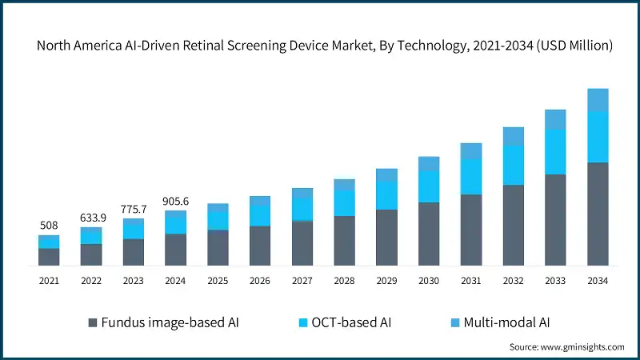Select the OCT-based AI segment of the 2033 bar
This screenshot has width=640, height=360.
(556, 152)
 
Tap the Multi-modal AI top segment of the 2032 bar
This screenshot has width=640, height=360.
(514, 136)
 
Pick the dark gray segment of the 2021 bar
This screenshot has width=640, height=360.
(49, 256)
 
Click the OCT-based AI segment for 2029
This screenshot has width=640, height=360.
(387, 195)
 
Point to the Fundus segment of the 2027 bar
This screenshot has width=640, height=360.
(302, 243)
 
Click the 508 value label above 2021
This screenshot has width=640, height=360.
(49, 226)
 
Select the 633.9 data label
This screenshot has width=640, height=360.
(91, 218)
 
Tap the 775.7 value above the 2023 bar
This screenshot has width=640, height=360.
(134, 209)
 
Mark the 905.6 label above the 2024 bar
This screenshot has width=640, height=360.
(176, 202)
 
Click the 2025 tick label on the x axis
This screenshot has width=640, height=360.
(218, 281)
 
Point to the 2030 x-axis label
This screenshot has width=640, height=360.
(429, 281)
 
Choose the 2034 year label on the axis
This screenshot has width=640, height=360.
(598, 281)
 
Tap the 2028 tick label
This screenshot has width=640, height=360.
(345, 281)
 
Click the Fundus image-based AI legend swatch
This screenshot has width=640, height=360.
(93, 323)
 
